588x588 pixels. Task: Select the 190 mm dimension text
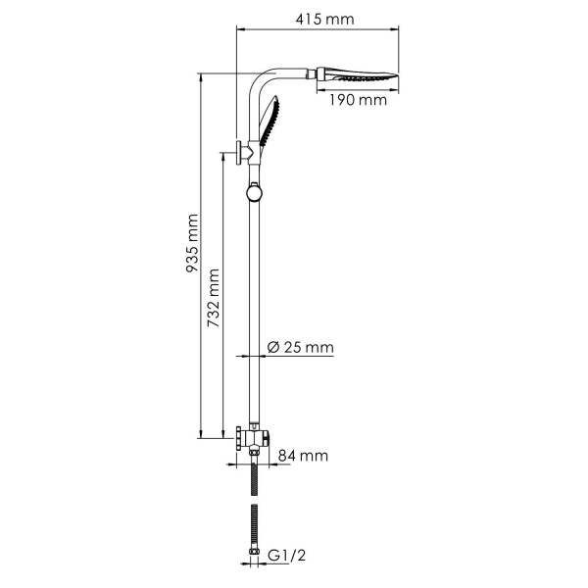point(360,99)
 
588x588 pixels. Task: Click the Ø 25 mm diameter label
point(301,348)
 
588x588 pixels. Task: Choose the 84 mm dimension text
point(302,456)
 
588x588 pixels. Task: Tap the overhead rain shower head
point(363,75)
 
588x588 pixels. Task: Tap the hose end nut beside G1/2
point(255,553)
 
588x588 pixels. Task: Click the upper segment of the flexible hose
point(255,474)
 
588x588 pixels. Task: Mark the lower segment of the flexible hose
point(255,523)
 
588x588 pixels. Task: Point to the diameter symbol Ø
point(273,348)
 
